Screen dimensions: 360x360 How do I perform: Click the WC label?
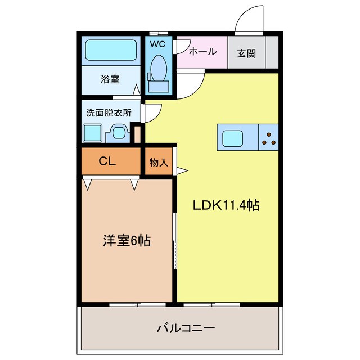point(157,43)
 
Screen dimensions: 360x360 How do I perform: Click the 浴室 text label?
point(110,79)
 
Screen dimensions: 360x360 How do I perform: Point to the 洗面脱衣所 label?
point(109,112)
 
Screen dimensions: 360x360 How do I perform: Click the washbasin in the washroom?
point(119,133)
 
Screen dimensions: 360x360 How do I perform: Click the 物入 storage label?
point(159,162)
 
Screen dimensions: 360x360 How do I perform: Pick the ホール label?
point(202,52)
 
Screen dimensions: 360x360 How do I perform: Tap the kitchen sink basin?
point(233,138)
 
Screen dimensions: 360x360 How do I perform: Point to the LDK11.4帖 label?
point(226,206)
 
